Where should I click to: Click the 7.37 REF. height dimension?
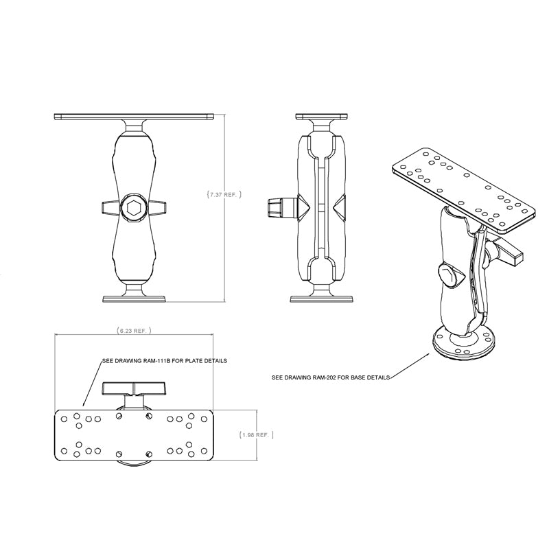point(223,195)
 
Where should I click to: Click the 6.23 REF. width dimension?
point(133,331)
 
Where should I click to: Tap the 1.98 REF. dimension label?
point(257,434)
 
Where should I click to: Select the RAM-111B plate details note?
point(163,360)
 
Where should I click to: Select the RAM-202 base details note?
point(331,377)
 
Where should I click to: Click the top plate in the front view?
point(134,117)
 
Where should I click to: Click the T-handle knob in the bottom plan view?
point(132,389)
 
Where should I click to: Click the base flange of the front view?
point(134,298)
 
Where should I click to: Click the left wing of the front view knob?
point(110,207)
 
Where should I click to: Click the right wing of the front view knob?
point(158,207)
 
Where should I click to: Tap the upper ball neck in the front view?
point(134,128)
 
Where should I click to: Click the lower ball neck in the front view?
point(134,287)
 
